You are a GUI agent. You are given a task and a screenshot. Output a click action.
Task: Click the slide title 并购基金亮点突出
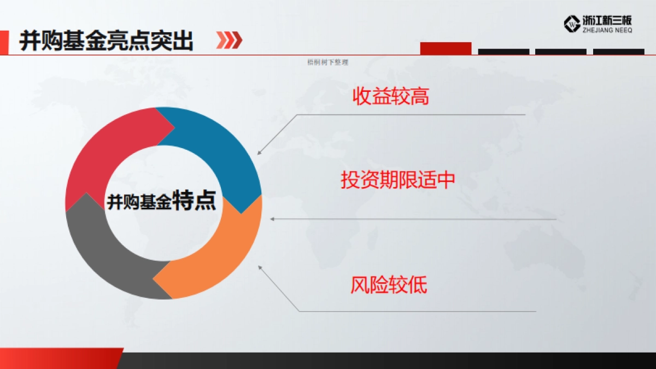click(107, 40)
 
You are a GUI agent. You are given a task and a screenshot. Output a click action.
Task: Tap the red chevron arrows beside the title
click(229, 40)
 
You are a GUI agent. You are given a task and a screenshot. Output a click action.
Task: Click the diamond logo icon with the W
click(571, 24)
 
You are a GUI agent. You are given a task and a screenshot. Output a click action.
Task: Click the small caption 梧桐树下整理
click(328, 62)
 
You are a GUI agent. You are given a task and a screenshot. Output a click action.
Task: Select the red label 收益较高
click(390, 97)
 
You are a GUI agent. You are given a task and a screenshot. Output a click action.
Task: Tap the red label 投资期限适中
click(397, 180)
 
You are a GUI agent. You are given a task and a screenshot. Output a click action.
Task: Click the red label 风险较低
click(388, 285)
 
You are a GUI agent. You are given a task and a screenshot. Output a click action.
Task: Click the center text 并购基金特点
click(162, 202)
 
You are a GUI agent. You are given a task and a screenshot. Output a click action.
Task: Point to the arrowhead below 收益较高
click(260, 153)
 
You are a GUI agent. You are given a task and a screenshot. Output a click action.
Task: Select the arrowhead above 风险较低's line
click(260, 267)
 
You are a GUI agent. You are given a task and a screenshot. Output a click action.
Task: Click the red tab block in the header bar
click(446, 48)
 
